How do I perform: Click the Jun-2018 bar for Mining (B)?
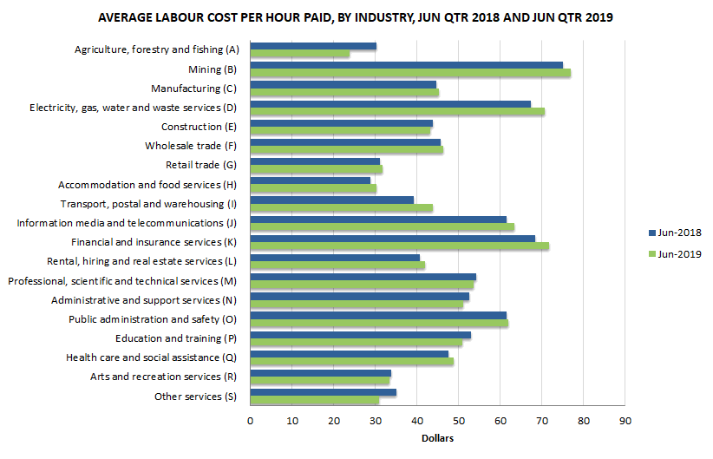[x=406, y=65]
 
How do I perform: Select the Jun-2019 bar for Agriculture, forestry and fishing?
[x=299, y=54]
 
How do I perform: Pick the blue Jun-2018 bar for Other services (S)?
[x=323, y=392]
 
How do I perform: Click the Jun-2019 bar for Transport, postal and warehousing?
[x=341, y=207]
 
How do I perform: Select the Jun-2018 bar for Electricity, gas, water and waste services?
[x=390, y=103]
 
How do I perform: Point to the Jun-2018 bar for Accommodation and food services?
[x=310, y=180]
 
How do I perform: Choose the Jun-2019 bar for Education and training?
[x=356, y=342]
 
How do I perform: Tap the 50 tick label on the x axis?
[x=458, y=421]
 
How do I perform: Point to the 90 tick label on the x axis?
[x=625, y=421]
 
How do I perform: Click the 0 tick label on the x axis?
[x=250, y=421]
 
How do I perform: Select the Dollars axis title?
[x=437, y=438]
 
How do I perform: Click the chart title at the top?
[x=356, y=17]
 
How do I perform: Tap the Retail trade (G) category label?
[x=200, y=165]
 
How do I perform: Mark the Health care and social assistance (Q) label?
[x=151, y=357]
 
